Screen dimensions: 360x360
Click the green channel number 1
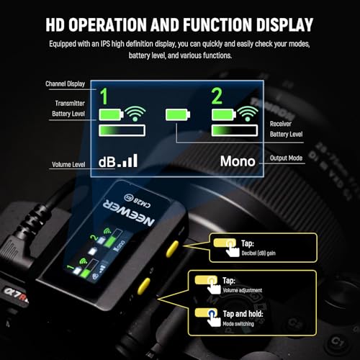[104, 95]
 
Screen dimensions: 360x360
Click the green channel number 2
[215, 95]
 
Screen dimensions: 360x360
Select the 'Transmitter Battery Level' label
[69, 109]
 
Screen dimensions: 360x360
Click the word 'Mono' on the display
[237, 161]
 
